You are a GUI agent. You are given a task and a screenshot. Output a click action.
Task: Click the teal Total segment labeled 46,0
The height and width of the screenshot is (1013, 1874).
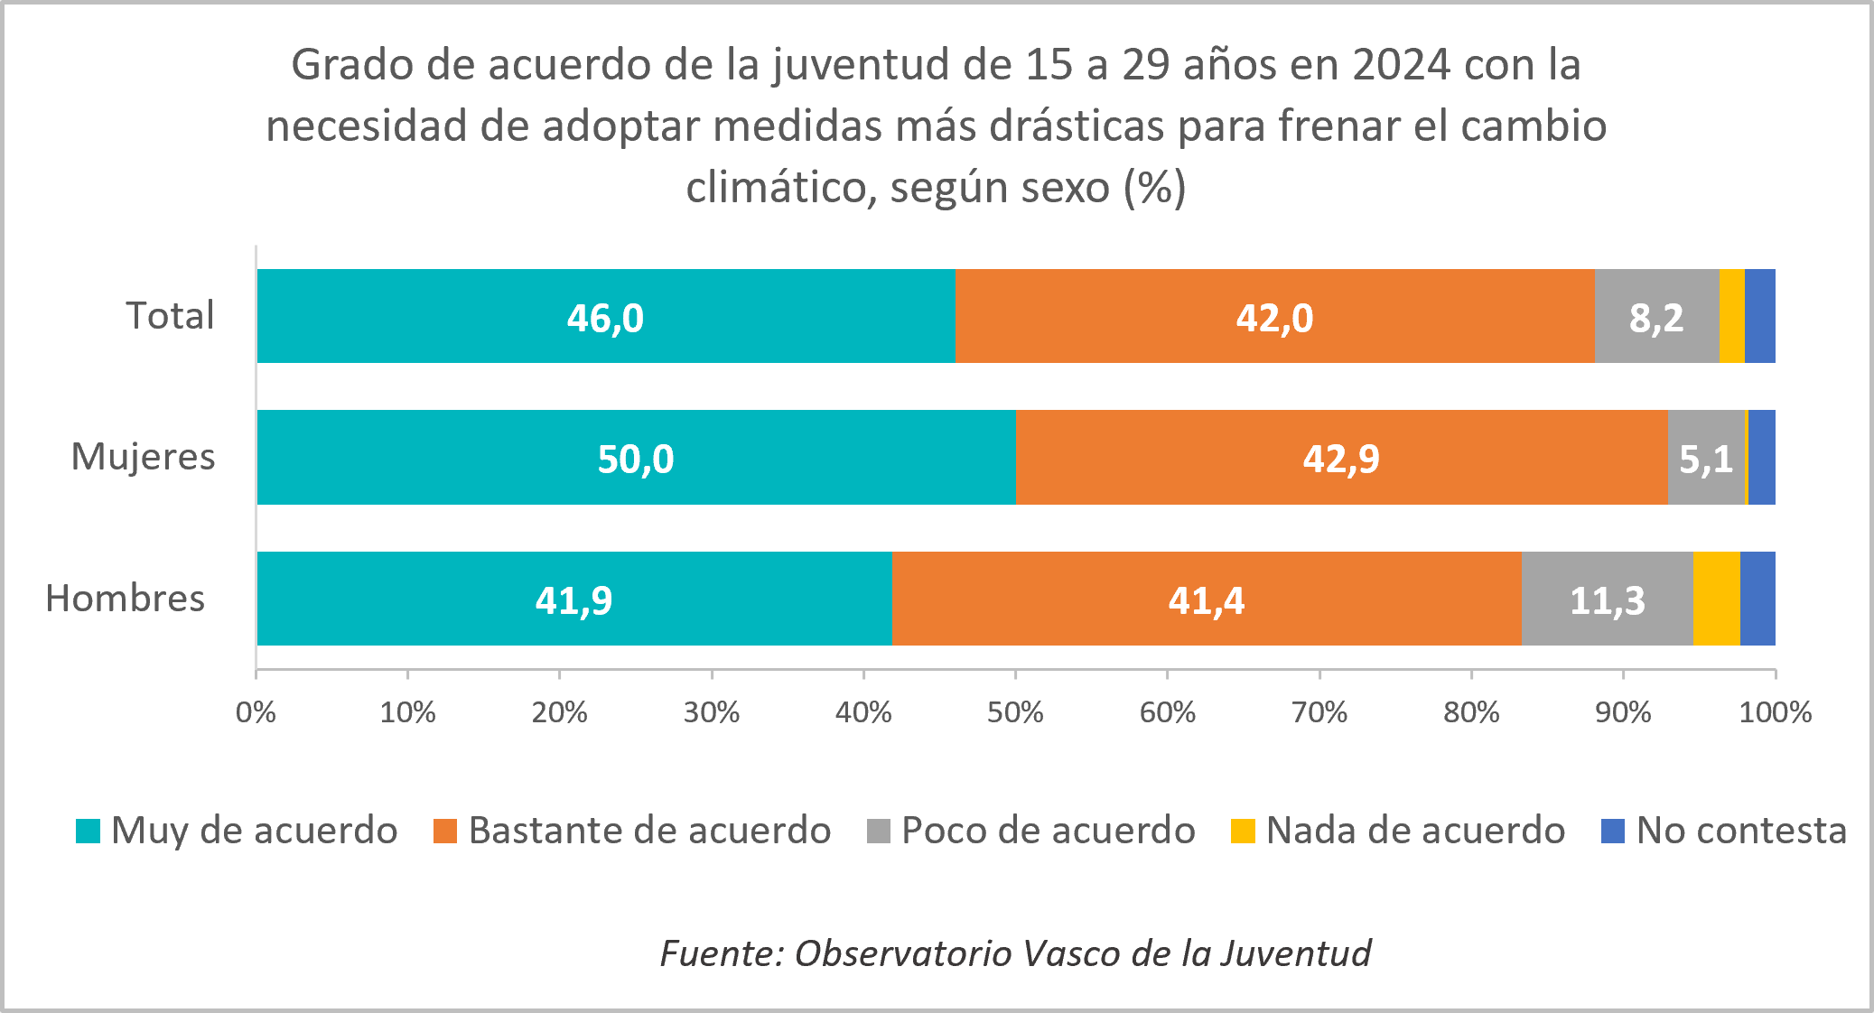tap(605, 317)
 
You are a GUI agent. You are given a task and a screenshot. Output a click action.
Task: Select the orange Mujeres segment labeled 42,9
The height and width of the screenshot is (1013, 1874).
tap(1341, 458)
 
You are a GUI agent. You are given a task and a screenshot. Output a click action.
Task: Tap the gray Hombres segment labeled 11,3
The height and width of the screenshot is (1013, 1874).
tap(1607, 599)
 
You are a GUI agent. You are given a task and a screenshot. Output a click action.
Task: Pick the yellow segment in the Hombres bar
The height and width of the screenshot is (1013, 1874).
tap(1716, 599)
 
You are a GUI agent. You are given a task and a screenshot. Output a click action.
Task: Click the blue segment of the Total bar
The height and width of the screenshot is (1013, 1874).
tap(1759, 317)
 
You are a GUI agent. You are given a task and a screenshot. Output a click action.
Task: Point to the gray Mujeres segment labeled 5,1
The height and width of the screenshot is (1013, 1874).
tap(1705, 458)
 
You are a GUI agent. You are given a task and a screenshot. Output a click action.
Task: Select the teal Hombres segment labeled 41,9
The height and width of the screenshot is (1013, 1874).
tap(573, 599)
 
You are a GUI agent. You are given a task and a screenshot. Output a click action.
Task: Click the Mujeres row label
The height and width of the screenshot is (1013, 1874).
tap(143, 457)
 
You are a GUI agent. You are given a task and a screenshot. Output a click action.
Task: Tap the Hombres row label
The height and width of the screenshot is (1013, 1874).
tap(126, 599)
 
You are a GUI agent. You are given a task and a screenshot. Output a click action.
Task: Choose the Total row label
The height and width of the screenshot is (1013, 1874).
tap(170, 316)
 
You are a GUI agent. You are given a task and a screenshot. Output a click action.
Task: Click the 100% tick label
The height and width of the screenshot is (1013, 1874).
tap(1775, 712)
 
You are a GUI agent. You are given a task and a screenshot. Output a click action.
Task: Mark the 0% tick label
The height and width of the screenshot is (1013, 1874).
tap(256, 712)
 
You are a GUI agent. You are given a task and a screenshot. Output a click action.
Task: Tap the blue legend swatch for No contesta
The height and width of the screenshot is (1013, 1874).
tap(1612, 831)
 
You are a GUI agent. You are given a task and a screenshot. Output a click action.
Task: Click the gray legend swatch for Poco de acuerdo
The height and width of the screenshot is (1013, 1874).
tap(878, 831)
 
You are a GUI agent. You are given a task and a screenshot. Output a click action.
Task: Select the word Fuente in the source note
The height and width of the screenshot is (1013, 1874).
tap(718, 953)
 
